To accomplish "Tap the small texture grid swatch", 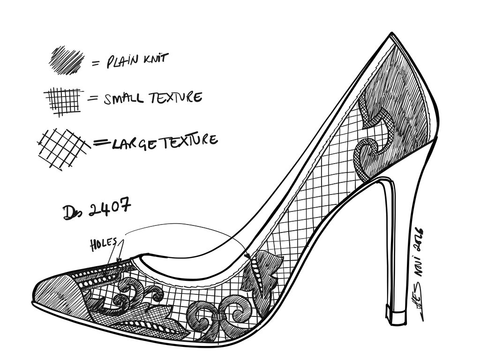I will pos(63,100).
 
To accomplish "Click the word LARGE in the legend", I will pos(134,142).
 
